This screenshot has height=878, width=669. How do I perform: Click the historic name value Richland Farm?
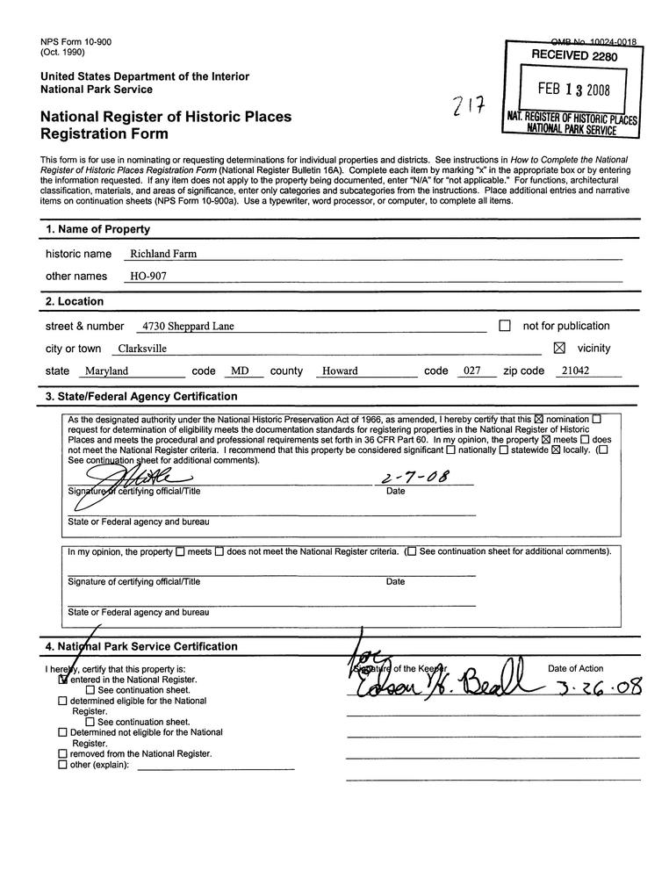point(162,254)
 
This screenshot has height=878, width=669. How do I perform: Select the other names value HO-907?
point(147,277)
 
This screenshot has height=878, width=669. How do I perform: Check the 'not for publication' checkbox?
point(505,326)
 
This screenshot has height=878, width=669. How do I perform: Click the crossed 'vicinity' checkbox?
point(560,348)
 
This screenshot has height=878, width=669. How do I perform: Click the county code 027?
point(472,371)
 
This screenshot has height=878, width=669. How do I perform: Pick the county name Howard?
point(340,371)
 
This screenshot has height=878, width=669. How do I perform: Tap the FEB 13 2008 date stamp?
point(571,90)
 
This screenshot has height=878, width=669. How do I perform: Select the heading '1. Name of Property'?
point(97,230)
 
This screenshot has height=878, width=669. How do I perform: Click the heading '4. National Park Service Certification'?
point(141,647)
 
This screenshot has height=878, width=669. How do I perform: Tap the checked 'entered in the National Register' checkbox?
point(62,680)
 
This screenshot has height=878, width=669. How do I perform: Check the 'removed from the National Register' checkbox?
point(62,753)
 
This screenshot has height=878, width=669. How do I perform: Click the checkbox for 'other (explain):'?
point(62,764)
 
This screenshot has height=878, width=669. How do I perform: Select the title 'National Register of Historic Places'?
point(166,117)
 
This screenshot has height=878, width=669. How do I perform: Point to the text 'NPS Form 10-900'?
point(76,42)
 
